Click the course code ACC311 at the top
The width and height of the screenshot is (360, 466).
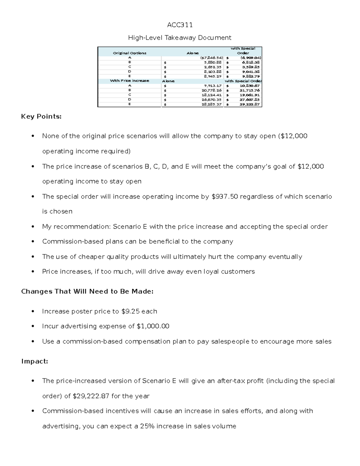coord(180,25)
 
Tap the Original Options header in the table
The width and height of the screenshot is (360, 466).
coord(130,53)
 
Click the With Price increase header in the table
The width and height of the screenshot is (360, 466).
coord(130,81)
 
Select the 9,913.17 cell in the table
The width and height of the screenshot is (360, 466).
coord(213,86)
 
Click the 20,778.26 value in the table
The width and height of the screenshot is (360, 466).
coord(211,90)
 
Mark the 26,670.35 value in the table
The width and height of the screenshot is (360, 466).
coord(211,100)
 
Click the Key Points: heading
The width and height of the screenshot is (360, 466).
coord(41,117)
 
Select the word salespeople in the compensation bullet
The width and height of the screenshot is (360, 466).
coord(231,341)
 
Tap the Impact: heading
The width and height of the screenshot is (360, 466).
coord(34,362)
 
